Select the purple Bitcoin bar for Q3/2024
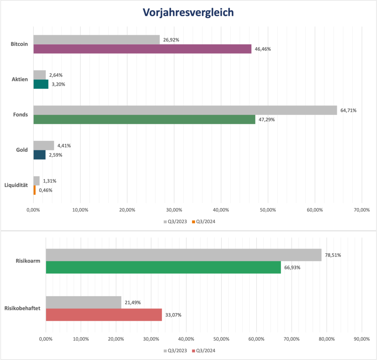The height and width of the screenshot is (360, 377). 142,49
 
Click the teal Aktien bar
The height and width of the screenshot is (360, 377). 41,84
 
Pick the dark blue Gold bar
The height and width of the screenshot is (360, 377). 39,155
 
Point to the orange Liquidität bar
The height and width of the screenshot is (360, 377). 35,190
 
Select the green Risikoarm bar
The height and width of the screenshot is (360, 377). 163,267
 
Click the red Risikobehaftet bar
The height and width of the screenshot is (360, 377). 104,315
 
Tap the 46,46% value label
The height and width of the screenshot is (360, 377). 263,49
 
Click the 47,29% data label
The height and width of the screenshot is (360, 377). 267,120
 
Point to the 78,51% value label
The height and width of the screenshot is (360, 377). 333,255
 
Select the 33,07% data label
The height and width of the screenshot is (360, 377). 173,315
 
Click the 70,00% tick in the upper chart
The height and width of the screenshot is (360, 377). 361,210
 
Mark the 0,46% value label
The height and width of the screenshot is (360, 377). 46,190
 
